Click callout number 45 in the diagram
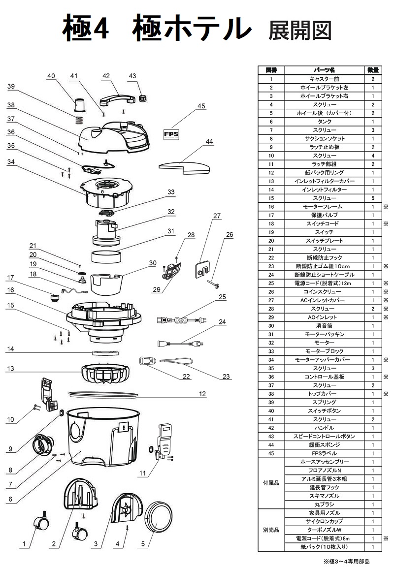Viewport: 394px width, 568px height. pyautogui.click(x=201, y=106)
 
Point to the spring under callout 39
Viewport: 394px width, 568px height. pyautogui.click(x=78, y=119)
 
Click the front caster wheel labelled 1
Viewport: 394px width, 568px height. pyautogui.click(x=40, y=523)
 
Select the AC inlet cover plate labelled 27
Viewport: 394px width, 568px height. pyautogui.click(x=202, y=269)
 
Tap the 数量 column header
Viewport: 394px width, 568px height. pyautogui.click(x=373, y=70)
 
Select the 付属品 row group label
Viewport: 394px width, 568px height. pyautogui.click(x=271, y=483)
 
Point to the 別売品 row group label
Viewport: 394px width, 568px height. pyautogui.click(x=271, y=530)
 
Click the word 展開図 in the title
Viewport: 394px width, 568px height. pyautogui.click(x=299, y=31)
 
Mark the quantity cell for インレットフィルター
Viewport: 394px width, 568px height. pyautogui.click(x=373, y=189)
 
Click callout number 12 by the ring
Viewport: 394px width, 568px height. pyautogui.click(x=202, y=394)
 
